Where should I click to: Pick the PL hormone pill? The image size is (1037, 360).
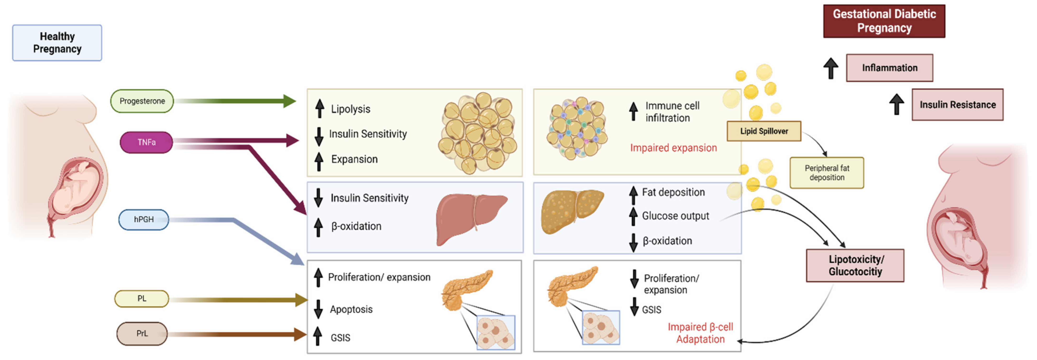[x=142, y=299]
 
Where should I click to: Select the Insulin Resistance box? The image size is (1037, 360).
[x=957, y=105]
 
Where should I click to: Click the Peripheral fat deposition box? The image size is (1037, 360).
[x=827, y=173]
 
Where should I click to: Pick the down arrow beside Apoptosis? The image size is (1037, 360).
[x=318, y=309]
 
